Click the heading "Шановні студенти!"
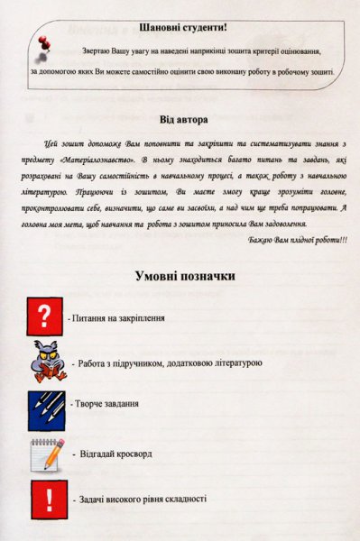182,30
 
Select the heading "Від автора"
184,119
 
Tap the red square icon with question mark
44,318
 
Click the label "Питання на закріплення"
120,320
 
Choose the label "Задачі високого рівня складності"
143,499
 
